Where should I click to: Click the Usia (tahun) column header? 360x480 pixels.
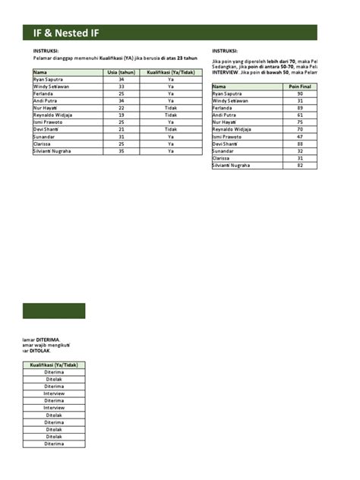click(x=122, y=72)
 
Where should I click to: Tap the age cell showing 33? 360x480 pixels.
click(x=122, y=87)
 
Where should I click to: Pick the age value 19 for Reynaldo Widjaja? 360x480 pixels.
click(x=122, y=115)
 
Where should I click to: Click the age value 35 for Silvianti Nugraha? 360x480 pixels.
click(x=122, y=151)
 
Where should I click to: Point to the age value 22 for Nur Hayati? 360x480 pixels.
click(x=122, y=108)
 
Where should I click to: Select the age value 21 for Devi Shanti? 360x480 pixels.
click(x=122, y=130)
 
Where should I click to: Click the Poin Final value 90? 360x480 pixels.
click(x=300, y=93)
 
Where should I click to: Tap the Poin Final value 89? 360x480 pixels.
click(x=300, y=108)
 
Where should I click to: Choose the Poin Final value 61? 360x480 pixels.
click(x=300, y=115)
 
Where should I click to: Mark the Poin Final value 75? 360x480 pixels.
click(x=300, y=122)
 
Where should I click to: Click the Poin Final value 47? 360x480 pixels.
click(x=300, y=137)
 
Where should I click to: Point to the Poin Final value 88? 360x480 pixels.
click(x=300, y=144)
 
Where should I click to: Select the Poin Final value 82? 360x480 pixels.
click(x=300, y=165)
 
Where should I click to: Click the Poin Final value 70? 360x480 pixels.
click(x=300, y=129)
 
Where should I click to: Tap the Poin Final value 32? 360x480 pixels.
click(x=300, y=151)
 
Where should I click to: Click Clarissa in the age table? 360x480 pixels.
click(x=43, y=144)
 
